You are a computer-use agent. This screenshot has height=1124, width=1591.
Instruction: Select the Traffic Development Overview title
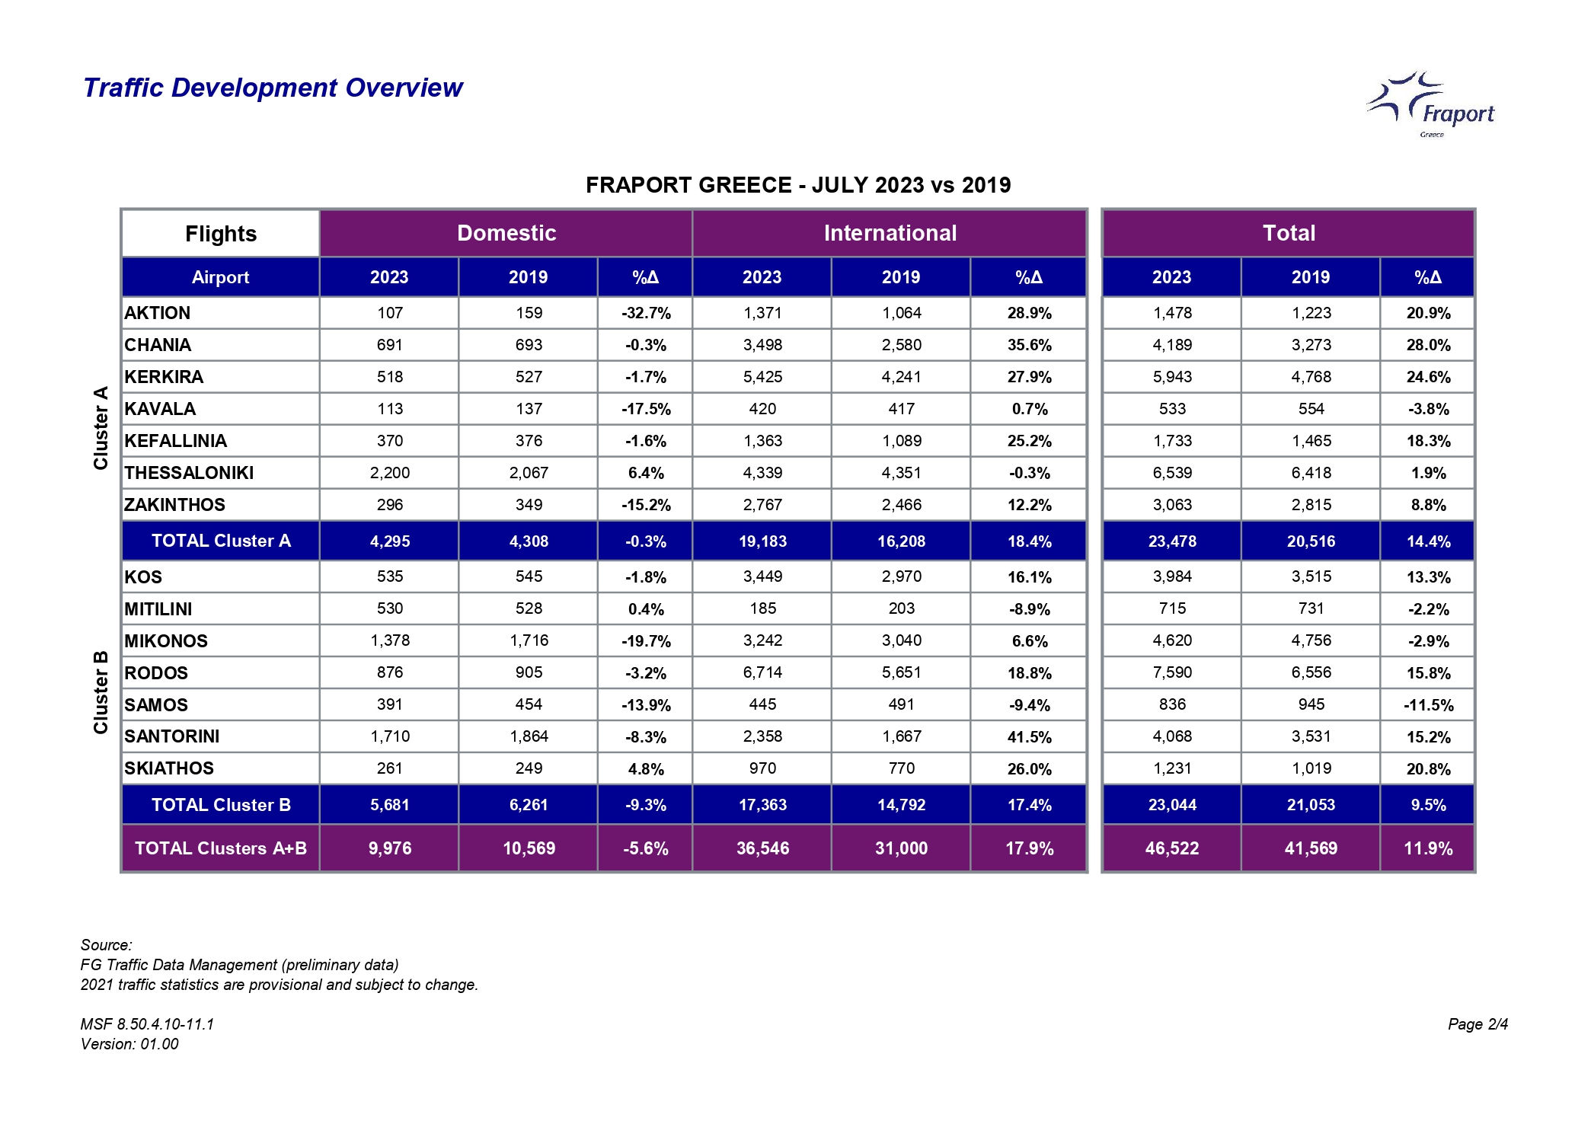click(x=273, y=88)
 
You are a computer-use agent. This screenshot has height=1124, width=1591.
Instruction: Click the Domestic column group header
click(x=506, y=233)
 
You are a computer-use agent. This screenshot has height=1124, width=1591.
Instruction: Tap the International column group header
click(x=890, y=233)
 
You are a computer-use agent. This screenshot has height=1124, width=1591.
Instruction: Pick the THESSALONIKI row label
click(x=189, y=473)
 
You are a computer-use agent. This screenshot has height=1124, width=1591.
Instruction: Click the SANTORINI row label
click(x=172, y=736)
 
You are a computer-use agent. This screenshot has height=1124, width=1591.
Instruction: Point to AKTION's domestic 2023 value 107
click(x=390, y=313)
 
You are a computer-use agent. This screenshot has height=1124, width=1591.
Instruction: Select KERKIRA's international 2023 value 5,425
click(x=762, y=377)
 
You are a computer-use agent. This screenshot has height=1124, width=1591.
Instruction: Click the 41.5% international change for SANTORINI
click(x=1029, y=737)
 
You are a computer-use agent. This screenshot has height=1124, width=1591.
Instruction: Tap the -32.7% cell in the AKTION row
click(x=646, y=313)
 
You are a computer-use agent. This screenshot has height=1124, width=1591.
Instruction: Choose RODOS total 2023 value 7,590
click(x=1172, y=673)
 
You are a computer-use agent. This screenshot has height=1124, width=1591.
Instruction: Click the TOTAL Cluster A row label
click(x=221, y=541)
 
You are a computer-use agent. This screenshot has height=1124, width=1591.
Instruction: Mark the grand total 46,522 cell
click(x=1172, y=848)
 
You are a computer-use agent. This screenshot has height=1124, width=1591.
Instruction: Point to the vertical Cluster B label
click(x=101, y=692)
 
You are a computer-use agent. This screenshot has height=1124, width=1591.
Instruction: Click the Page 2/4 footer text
click(x=1478, y=1024)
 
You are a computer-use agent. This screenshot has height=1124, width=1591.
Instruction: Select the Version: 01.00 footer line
click(x=129, y=1044)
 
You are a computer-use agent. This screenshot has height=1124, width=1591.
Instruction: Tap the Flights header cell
click(x=221, y=234)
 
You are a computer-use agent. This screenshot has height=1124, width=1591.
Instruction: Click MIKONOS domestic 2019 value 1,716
click(x=529, y=640)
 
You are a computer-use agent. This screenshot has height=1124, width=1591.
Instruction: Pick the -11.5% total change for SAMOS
click(x=1428, y=705)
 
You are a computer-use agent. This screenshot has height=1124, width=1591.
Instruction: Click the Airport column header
click(x=221, y=277)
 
